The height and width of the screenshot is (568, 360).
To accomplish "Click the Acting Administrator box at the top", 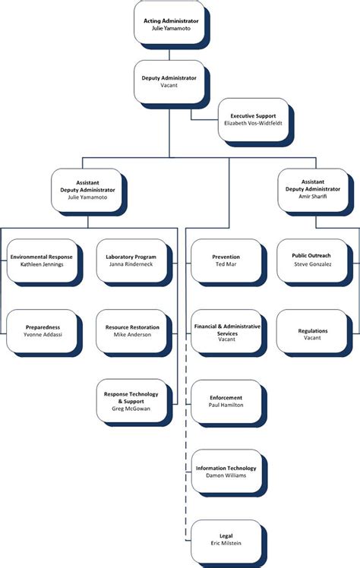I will click(x=170, y=24).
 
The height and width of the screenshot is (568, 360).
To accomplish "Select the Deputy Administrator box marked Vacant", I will click(x=169, y=81).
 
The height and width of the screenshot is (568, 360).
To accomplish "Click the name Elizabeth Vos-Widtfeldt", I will click(x=252, y=123).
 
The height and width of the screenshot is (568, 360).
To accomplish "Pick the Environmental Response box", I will click(x=42, y=262).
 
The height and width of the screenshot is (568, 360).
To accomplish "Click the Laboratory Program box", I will click(x=131, y=262).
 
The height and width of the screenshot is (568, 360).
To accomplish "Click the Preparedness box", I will click(x=42, y=332).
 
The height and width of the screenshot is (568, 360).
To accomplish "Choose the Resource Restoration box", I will click(x=131, y=332).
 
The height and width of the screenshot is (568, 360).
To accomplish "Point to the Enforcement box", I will click(x=226, y=402).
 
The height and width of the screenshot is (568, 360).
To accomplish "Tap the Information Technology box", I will click(x=226, y=472).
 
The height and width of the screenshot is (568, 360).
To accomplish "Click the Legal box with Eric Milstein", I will click(x=226, y=541).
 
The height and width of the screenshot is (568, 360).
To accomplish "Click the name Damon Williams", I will click(x=226, y=476).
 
